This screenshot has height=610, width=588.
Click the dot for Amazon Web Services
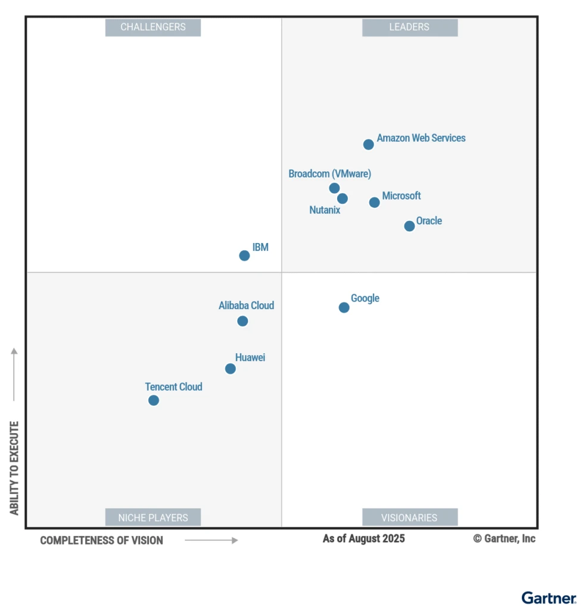(368, 144)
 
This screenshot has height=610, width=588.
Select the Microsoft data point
(374, 203)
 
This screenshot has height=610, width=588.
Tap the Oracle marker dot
(409, 226)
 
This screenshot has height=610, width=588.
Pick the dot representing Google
(344, 307)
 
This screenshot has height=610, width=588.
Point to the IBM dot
(244, 256)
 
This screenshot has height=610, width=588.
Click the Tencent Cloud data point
(154, 400)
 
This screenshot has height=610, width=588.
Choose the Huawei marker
(230, 369)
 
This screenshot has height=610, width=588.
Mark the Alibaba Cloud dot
(242, 321)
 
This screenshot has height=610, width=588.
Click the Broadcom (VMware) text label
(329, 174)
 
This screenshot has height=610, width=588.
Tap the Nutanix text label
(325, 210)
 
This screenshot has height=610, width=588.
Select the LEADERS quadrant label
(409, 27)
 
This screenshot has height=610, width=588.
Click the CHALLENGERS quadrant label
(153, 27)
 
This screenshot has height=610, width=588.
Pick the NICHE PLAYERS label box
(153, 517)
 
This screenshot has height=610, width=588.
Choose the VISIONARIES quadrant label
(409, 517)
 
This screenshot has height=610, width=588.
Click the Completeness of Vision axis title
(101, 540)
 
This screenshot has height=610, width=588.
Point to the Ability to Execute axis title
(14, 468)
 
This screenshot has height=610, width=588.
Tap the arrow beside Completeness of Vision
(211, 540)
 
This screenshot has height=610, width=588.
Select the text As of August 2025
(363, 539)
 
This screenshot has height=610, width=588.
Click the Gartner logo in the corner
(549, 597)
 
